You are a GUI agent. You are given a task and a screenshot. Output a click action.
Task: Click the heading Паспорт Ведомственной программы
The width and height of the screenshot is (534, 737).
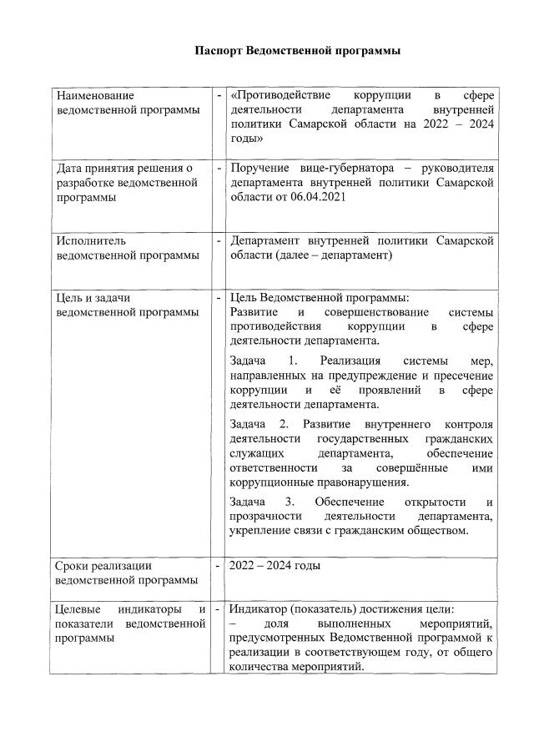tap(298, 51)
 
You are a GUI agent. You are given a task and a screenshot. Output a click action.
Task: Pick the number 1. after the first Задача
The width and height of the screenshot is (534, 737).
tap(292, 361)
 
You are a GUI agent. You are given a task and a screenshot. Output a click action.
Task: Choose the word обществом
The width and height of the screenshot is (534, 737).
tap(440, 529)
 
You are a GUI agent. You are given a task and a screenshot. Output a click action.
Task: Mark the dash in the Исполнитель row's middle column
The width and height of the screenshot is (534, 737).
tap(219, 240)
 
